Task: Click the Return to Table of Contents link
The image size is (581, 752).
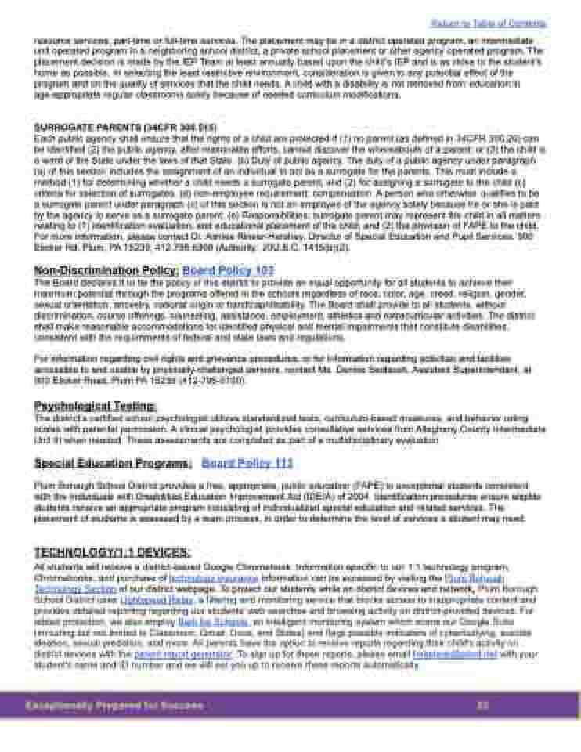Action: click(489, 23)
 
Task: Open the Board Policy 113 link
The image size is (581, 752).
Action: click(247, 463)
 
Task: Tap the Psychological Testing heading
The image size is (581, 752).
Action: click(95, 406)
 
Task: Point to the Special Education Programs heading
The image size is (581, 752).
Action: click(112, 463)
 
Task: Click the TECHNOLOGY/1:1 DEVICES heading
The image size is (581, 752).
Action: click(112, 551)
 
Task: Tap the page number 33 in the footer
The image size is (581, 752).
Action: click(482, 706)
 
